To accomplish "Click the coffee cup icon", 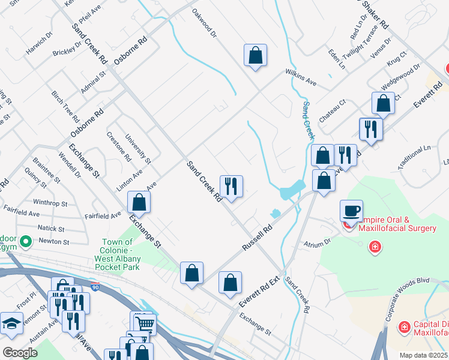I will (x=351, y=211).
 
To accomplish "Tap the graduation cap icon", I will (x=11, y=323).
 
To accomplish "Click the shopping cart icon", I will (x=145, y=324).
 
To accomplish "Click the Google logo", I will (x=20, y=353).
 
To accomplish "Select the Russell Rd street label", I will (x=257, y=238).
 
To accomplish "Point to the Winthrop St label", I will (x=55, y=202).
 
